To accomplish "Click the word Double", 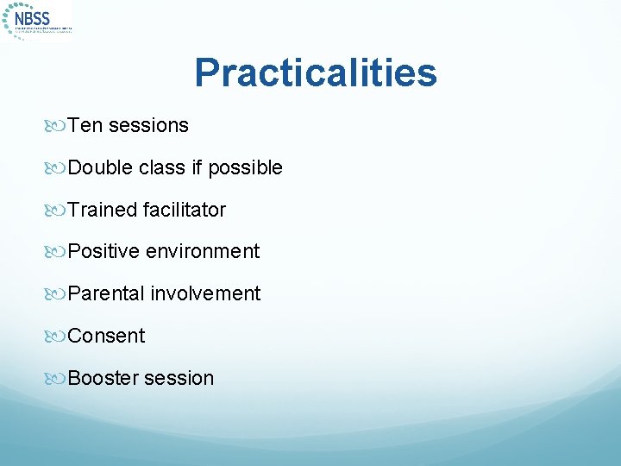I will point(100,167).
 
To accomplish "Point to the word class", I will point(162,167).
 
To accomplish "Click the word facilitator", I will point(185,210).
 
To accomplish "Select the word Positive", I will point(103,251).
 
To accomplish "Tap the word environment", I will point(203,251).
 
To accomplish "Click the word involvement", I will point(205,293).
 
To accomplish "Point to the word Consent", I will point(106,336).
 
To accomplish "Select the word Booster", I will point(103,378).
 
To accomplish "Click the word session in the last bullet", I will point(179,378).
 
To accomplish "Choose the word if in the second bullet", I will point(198,167).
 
